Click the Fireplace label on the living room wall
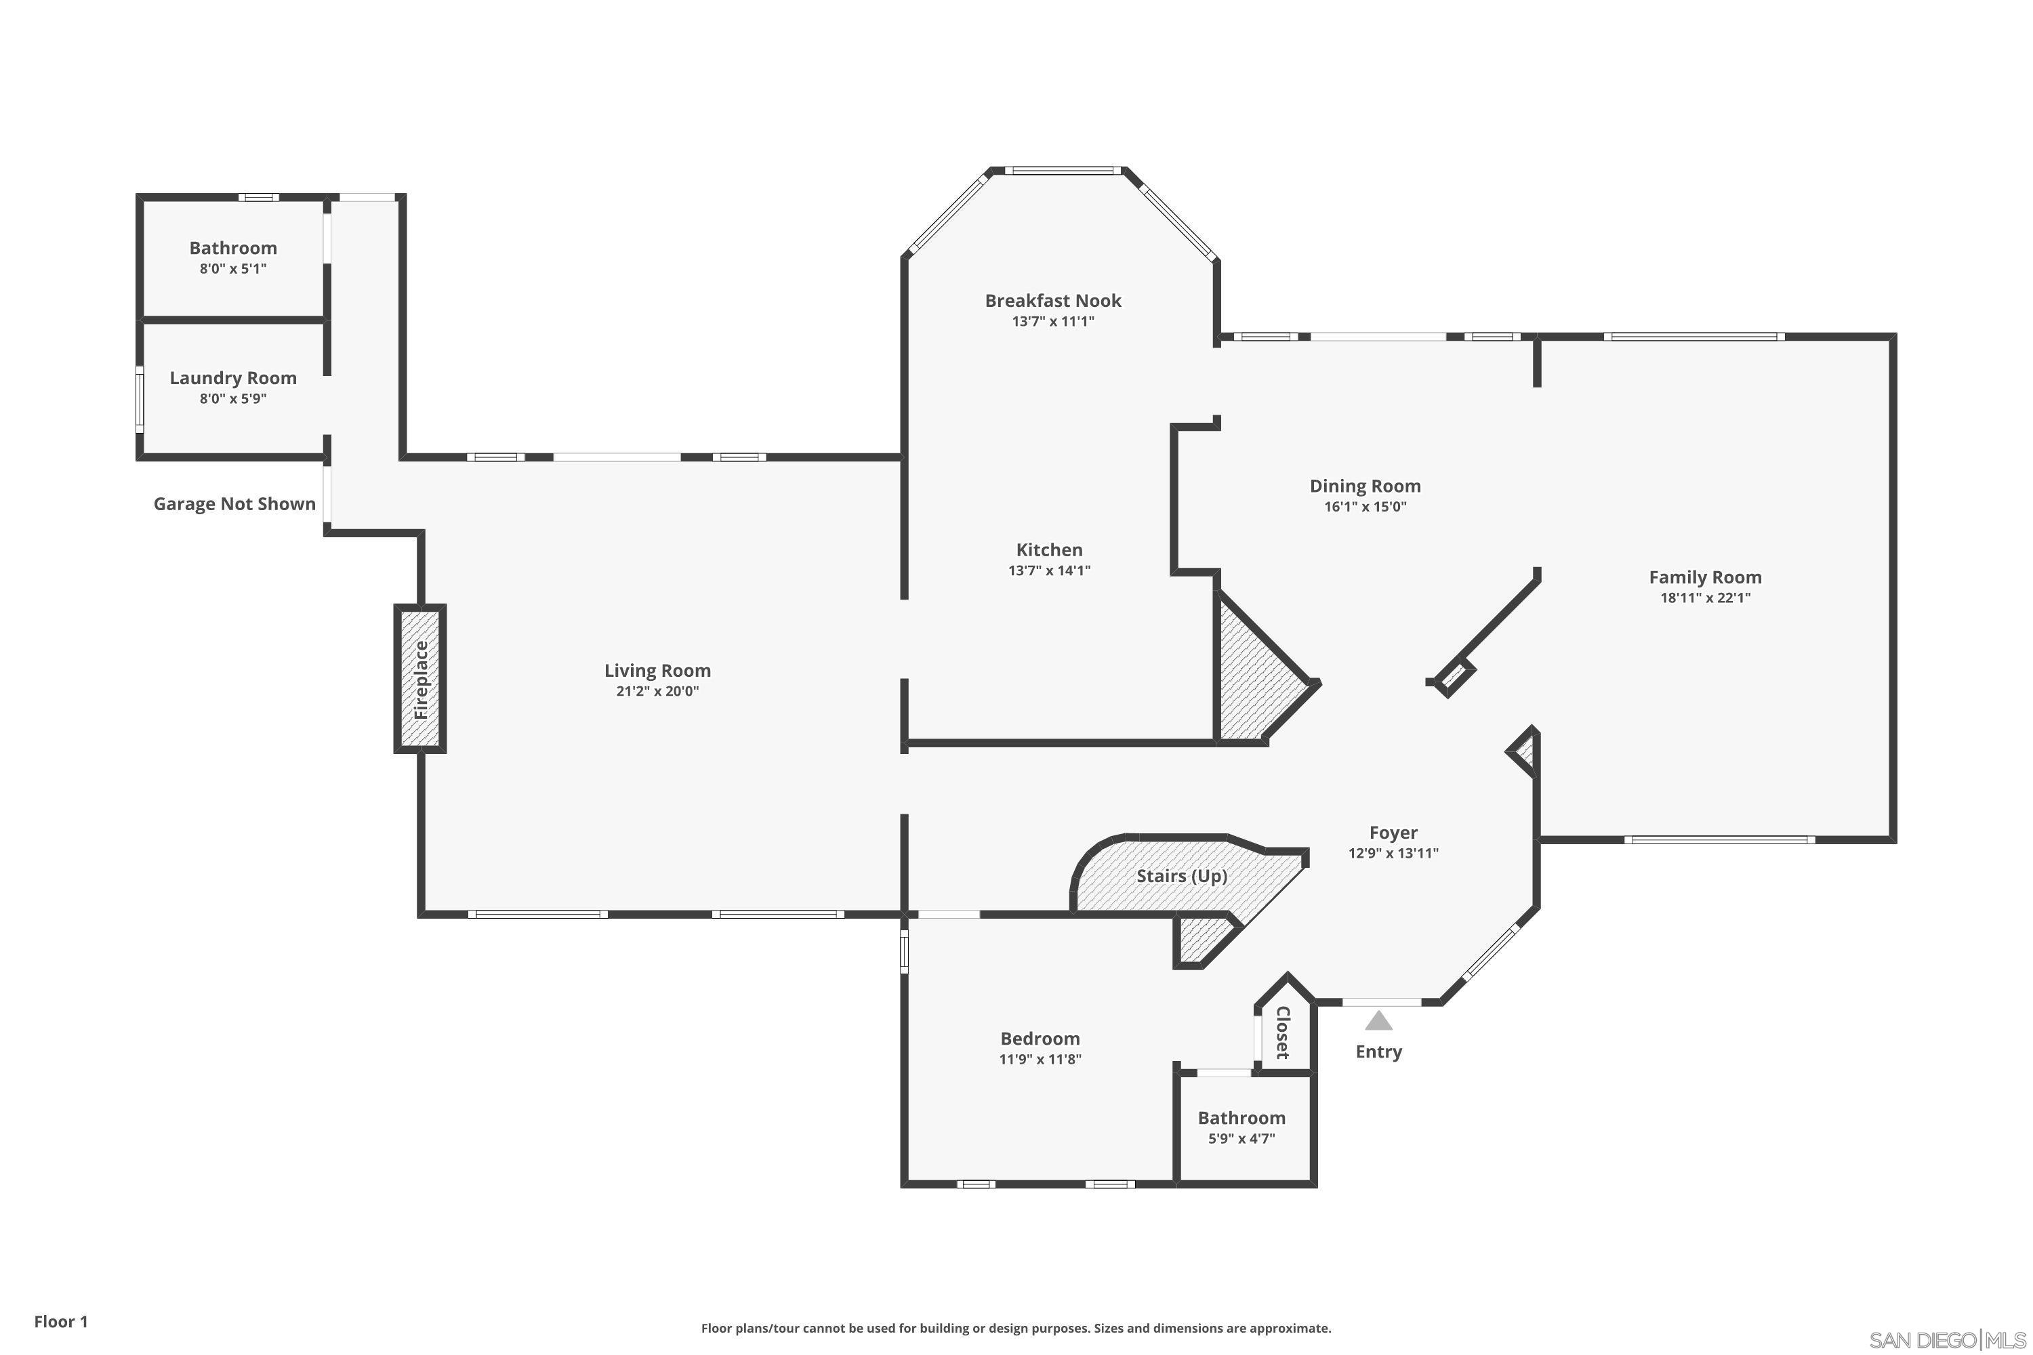[421, 680]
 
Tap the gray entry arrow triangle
[1378, 1022]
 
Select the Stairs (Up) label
[1182, 875]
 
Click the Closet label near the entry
[1283, 1032]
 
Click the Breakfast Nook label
[1053, 301]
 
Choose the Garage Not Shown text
[234, 504]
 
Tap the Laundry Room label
[232, 377]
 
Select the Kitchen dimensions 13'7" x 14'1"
[1049, 570]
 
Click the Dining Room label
[1365, 486]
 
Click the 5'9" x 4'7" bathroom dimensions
[1241, 1139]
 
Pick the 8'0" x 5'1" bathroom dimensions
[232, 269]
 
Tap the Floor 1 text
[60, 1321]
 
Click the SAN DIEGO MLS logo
[1948, 1340]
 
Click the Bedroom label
[1040, 1039]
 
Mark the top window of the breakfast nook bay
[1063, 170]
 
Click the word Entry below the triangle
[1378, 1051]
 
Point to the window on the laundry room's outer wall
[139, 399]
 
